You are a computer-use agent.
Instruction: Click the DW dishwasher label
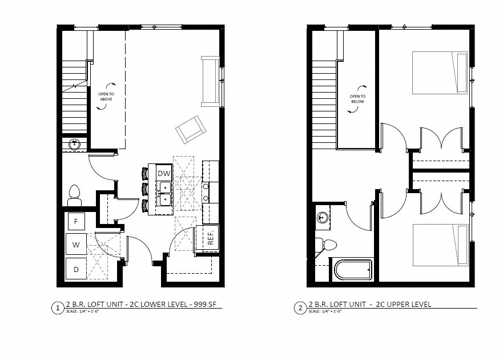[164, 173]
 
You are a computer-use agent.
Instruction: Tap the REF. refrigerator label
[210, 238]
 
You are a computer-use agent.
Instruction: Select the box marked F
[76, 220]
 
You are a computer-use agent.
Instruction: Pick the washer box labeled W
[76, 245]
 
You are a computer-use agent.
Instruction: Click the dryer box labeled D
[76, 267]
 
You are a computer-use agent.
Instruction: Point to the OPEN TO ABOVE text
[106, 97]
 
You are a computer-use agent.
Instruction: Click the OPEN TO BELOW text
[357, 99]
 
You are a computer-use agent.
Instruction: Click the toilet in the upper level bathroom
[329, 245]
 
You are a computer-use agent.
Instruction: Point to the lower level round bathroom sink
[74, 145]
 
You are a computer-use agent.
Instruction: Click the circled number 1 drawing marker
[57, 309]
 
